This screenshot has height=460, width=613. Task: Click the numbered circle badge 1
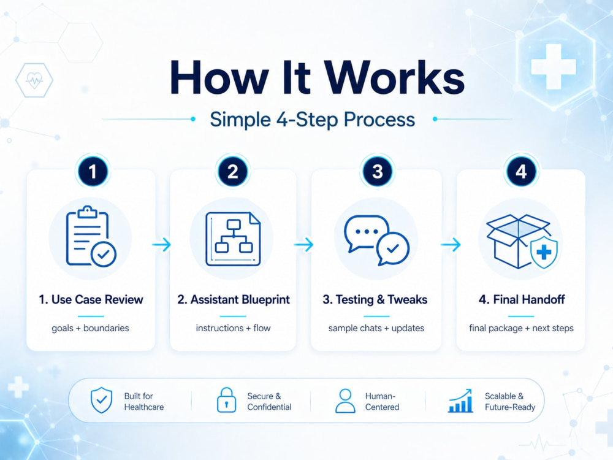click(x=93, y=171)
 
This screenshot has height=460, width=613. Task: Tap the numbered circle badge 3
click(x=377, y=171)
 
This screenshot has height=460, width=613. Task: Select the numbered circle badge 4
click(x=520, y=171)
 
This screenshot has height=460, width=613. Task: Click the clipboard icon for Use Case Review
click(x=91, y=236)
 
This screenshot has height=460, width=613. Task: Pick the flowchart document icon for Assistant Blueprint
click(x=233, y=239)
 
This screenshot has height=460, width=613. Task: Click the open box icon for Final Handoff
click(x=522, y=241)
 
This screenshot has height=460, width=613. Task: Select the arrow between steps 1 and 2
click(x=161, y=245)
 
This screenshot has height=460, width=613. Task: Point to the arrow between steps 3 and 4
click(x=451, y=245)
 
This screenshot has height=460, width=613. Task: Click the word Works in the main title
click(x=395, y=77)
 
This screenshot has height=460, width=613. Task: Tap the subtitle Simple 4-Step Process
click(x=312, y=120)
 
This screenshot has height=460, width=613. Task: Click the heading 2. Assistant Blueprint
click(x=234, y=300)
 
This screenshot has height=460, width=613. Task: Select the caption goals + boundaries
click(x=90, y=328)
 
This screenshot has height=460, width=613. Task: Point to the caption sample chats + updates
click(x=376, y=328)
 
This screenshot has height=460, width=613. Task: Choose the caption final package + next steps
click(x=521, y=328)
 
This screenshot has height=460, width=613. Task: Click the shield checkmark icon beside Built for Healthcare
click(x=101, y=400)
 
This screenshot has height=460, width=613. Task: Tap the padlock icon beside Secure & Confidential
click(x=226, y=400)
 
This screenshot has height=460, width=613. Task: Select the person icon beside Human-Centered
click(x=345, y=401)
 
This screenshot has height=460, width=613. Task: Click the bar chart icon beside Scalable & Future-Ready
click(x=460, y=401)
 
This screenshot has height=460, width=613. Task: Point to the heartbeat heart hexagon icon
click(x=34, y=80)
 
